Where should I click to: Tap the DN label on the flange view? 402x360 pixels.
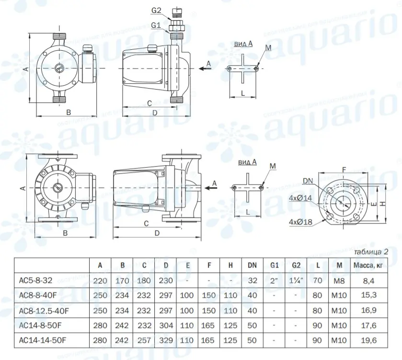[309, 181]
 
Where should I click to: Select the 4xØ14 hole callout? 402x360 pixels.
[299, 197]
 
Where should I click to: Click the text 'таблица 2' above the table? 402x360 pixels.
[371, 252]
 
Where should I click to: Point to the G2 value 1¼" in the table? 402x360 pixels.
[296, 281]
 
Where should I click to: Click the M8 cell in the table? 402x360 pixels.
[339, 281]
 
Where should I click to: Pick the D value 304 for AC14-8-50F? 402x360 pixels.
[166, 325]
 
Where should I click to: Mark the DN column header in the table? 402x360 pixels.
[252, 265]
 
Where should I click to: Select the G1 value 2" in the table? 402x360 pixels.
[274, 281]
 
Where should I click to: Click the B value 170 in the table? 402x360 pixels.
[123, 281]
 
